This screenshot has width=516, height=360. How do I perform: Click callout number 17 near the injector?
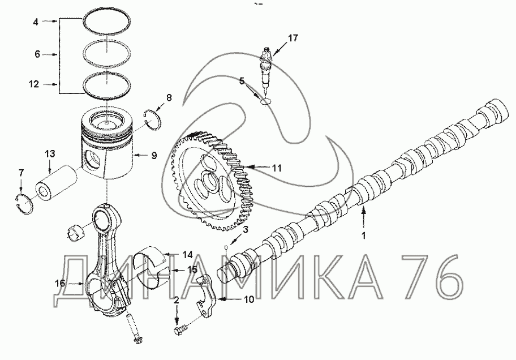[293, 38]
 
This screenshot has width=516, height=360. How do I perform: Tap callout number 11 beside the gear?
[277, 168]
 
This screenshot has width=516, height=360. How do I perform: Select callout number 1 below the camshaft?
[364, 236]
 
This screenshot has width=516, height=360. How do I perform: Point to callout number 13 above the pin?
[50, 154]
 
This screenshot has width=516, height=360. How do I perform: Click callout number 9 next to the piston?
[154, 156]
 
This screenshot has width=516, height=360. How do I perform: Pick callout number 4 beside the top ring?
[36, 22]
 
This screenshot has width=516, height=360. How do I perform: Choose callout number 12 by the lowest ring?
[34, 84]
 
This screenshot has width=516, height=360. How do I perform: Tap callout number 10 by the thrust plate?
[249, 299]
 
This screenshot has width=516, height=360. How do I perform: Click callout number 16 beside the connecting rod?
[60, 283]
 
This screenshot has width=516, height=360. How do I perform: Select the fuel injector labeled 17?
[266, 71]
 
